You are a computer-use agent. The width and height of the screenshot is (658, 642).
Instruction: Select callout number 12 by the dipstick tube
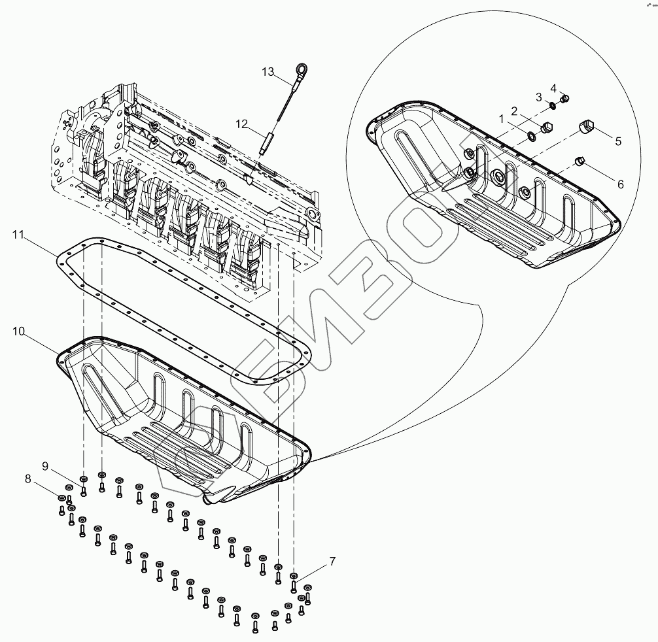242,122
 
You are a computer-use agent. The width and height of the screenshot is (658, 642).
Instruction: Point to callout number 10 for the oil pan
18,332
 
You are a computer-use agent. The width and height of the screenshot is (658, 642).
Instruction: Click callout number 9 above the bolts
45,465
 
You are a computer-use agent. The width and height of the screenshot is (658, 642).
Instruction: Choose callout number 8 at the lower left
27,479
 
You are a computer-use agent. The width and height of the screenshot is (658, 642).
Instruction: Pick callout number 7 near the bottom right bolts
332,561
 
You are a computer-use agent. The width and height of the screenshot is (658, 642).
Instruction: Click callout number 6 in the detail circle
620,184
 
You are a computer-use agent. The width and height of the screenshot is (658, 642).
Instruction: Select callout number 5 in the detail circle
617,141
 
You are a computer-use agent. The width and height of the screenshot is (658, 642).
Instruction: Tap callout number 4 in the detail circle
553,88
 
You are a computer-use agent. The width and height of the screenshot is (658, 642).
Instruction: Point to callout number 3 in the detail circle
539,97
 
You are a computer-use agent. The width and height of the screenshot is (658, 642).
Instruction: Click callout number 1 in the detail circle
501,120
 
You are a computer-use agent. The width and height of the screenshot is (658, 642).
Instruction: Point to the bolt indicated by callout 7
294,577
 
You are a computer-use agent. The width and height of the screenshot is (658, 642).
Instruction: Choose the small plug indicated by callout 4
566,99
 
